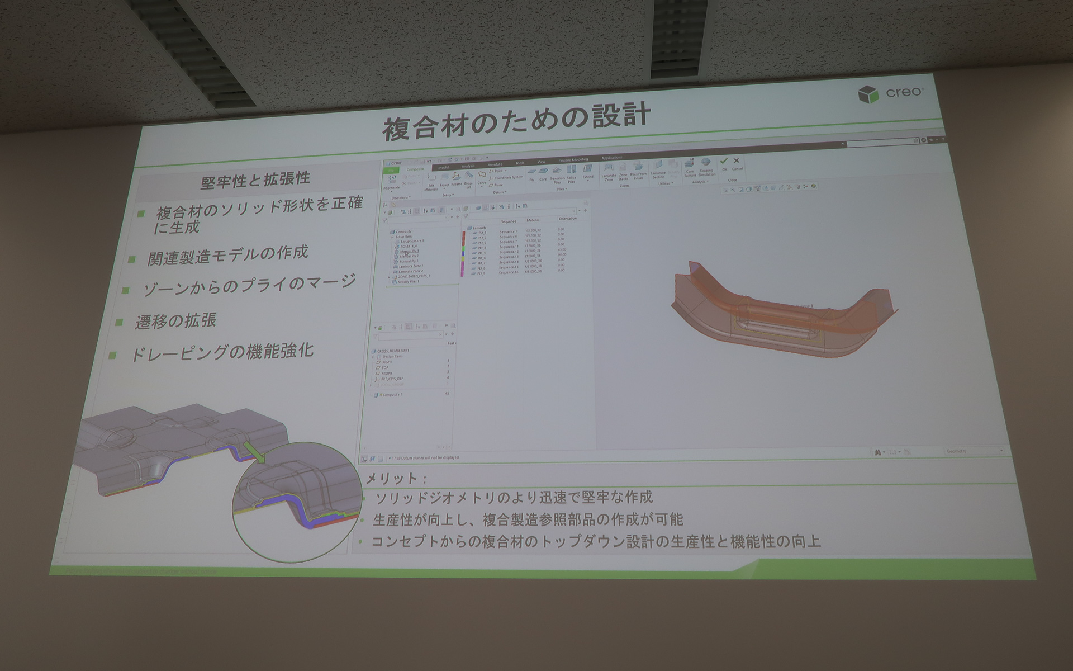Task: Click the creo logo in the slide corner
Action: coord(891,93)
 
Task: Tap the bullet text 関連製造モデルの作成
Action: coord(227,255)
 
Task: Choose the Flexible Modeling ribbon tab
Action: coord(573,160)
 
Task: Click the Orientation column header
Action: coord(567,219)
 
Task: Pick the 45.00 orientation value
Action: coord(561,249)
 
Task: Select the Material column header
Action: coord(533,220)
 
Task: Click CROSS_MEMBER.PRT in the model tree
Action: coord(393,351)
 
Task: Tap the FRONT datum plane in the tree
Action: coord(387,373)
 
